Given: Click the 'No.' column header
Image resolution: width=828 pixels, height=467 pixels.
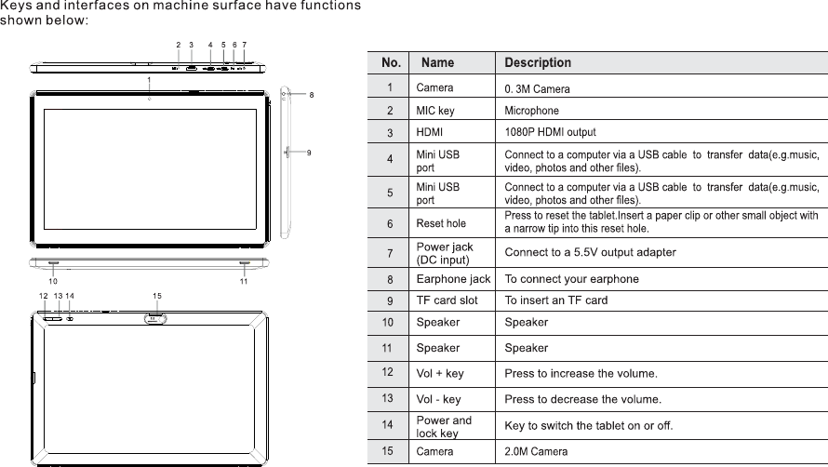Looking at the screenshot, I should click(391, 63).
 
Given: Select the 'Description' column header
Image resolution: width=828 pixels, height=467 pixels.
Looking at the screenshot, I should click(538, 63).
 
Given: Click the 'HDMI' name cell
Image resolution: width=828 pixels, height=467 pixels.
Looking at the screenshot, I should click(429, 132).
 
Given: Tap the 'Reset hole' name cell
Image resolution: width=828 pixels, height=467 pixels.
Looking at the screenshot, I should click(441, 223).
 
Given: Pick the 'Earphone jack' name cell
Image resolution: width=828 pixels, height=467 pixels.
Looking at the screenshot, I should click(453, 278).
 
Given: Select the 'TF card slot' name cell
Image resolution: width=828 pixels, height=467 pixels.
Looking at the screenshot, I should click(447, 300).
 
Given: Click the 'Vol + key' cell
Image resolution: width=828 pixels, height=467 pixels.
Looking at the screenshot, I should click(439, 373).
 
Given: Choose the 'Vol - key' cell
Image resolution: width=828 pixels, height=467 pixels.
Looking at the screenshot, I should click(438, 399).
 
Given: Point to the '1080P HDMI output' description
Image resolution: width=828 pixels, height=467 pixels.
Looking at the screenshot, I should click(550, 132).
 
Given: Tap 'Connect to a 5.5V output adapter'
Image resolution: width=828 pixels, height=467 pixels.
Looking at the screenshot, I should click(590, 252).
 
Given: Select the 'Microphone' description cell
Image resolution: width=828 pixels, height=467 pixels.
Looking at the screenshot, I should click(531, 111).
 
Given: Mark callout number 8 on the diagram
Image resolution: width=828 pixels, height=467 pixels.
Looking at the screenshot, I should click(312, 95).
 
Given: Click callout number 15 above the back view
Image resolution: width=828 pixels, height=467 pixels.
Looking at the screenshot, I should click(157, 296).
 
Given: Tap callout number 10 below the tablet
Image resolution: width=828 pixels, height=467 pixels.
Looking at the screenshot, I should click(52, 280).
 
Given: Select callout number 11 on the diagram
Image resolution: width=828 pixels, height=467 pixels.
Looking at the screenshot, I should click(243, 280).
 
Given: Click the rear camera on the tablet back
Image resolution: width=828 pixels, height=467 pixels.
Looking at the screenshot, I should click(155, 319).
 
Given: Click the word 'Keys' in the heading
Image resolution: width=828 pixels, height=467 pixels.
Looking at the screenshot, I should click(17, 7).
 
